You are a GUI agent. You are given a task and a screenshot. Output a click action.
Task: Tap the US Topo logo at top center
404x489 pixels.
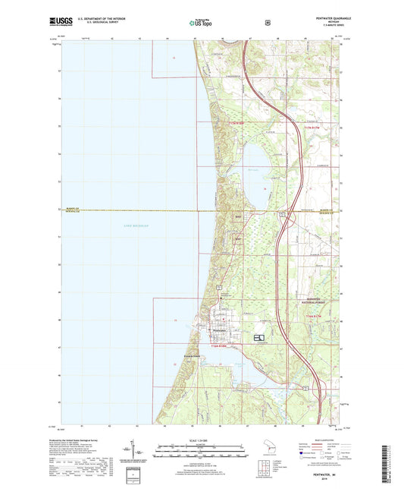tap(201, 24)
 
